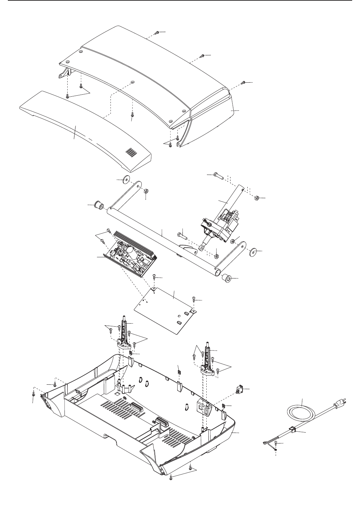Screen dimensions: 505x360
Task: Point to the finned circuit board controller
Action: click(x=133, y=253)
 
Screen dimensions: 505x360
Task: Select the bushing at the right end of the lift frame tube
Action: click(x=226, y=279)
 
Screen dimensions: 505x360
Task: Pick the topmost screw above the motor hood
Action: click(x=157, y=32)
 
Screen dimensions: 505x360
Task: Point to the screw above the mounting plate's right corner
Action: click(x=194, y=299)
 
